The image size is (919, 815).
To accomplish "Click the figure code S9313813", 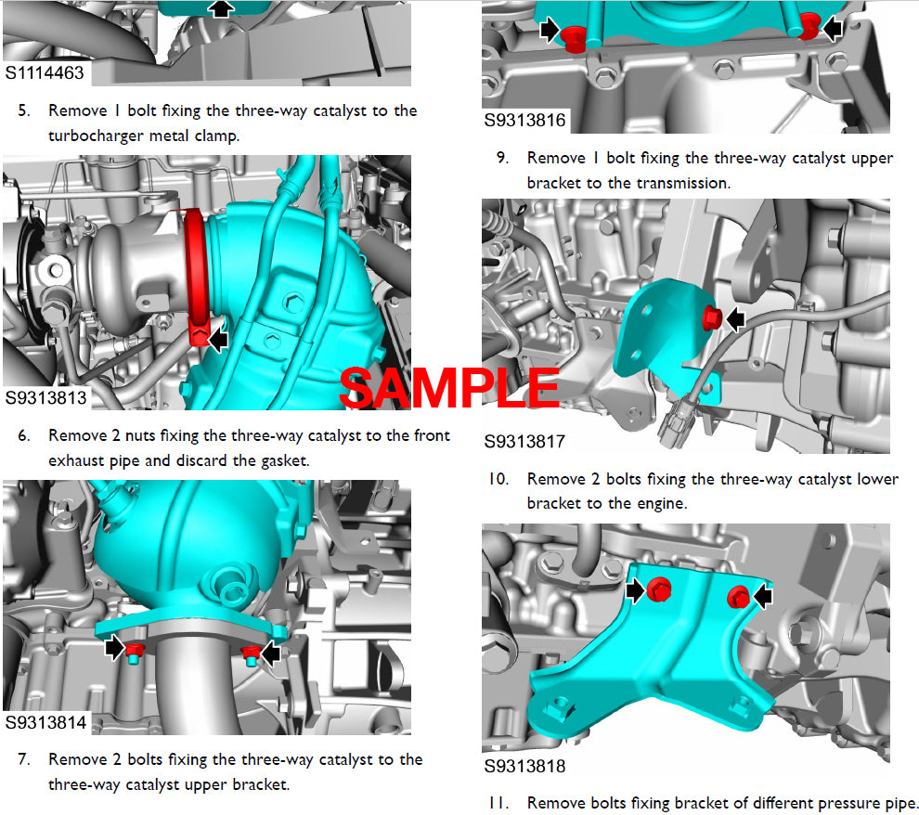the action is click(x=45, y=398).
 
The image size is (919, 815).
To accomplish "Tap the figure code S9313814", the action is click(x=45, y=722).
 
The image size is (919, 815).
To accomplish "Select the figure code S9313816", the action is click(x=524, y=120).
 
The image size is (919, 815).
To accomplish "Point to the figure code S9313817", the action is click(x=524, y=441).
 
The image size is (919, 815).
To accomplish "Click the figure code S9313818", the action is click(x=524, y=766).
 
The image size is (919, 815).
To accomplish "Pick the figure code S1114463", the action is click(x=45, y=72).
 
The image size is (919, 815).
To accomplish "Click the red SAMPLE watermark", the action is click(x=449, y=388).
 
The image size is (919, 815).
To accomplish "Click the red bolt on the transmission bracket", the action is click(x=712, y=317).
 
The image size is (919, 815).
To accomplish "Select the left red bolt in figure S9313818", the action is click(x=659, y=589).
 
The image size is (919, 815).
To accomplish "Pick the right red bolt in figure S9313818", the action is click(x=739, y=597).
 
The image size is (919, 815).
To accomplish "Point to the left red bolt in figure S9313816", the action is click(x=573, y=39).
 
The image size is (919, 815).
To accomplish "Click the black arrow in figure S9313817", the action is click(x=735, y=319).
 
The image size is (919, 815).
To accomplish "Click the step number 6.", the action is click(x=23, y=436).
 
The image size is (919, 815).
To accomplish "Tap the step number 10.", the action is click(x=498, y=479).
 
